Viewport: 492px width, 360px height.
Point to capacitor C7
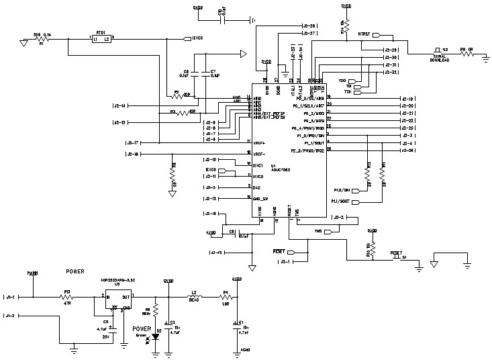pos(211,79)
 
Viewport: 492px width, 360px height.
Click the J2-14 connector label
pos(120,105)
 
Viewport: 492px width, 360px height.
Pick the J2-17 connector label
pos(132,143)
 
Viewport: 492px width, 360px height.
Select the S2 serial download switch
pos(437,50)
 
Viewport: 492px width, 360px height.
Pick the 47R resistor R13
pos(67,296)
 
